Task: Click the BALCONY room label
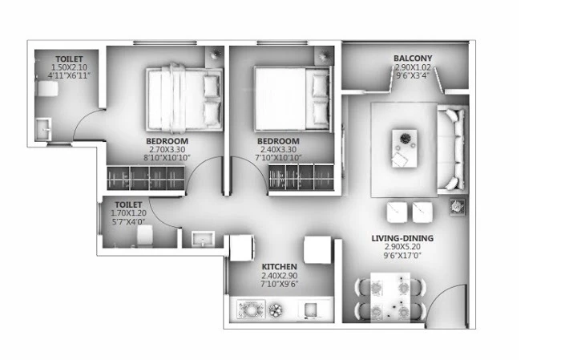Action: [x=413, y=58]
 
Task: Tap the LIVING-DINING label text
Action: [x=402, y=238]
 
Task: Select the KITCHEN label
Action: [x=280, y=267]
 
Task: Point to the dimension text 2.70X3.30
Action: [x=167, y=149]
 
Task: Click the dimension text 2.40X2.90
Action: [x=280, y=276]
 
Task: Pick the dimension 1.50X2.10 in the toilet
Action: [x=69, y=67]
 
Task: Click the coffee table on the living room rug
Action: [x=405, y=148]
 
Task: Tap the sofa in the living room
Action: [x=452, y=149]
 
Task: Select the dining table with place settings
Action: [x=390, y=297]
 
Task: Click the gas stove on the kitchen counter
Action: [x=251, y=309]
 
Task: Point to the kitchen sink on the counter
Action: [x=310, y=310]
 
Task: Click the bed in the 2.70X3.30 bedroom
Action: [x=184, y=98]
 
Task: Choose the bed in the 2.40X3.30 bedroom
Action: [x=292, y=99]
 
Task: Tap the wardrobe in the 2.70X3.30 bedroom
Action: [x=146, y=178]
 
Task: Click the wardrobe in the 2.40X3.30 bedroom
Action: [x=301, y=177]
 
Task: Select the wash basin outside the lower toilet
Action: [x=203, y=239]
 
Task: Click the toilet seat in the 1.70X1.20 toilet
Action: [x=145, y=236]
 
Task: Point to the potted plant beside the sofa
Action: [x=458, y=207]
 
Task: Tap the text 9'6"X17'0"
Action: [x=402, y=256]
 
